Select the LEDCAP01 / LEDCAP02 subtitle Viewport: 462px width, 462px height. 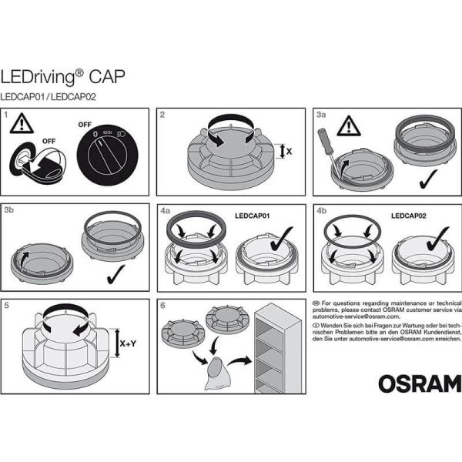point(48,97)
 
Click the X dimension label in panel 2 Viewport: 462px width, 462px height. point(289,152)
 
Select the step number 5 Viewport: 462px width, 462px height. point(7,304)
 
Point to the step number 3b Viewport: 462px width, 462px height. point(10,209)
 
